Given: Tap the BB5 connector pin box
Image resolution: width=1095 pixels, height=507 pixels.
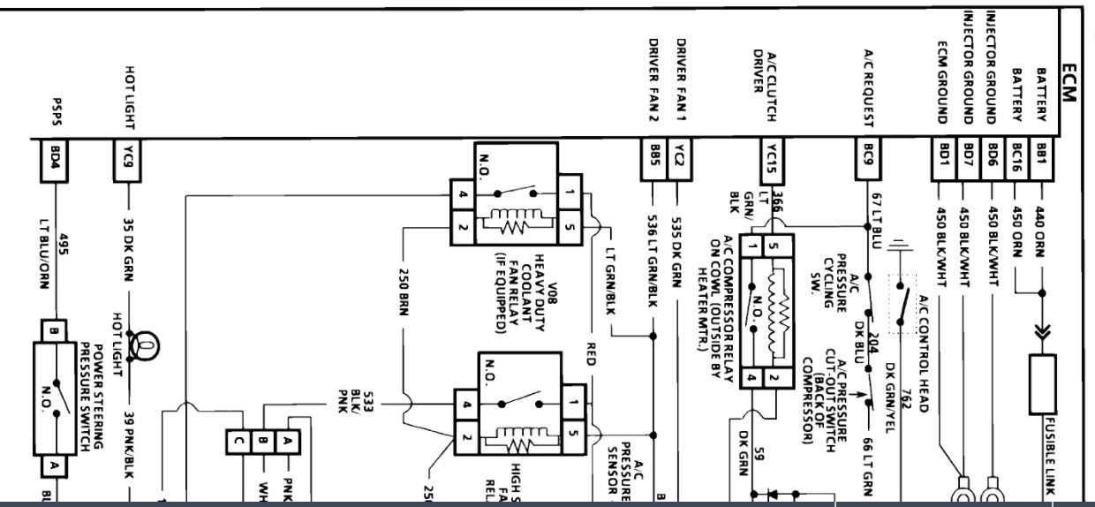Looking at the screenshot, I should [x=654, y=159].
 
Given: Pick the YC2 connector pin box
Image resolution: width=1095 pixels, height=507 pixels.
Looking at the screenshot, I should [x=677, y=159].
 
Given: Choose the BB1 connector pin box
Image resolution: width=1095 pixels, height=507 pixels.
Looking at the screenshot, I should [x=1042, y=159].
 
